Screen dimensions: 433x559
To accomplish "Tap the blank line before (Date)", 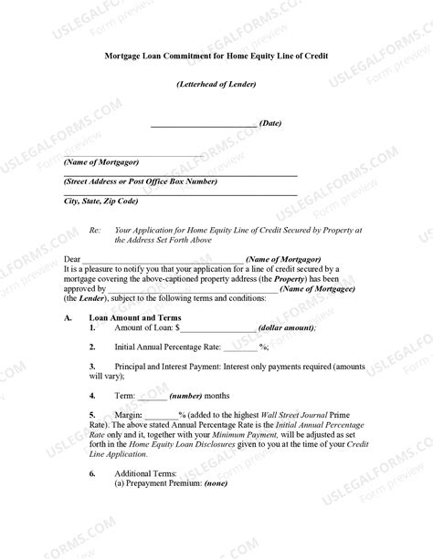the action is (203, 124).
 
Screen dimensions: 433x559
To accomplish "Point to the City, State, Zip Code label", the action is (100, 201).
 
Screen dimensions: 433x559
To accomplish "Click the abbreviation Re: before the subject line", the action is (94, 232).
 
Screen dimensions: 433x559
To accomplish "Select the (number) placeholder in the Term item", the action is (185, 397).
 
